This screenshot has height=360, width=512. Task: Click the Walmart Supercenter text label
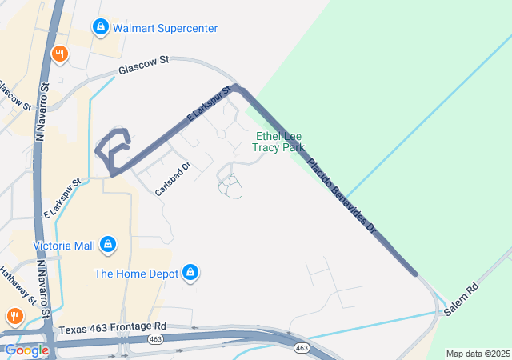[x=165, y=28]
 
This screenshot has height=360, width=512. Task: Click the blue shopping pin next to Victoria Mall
[x=109, y=244]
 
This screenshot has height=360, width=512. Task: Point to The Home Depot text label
[x=136, y=274]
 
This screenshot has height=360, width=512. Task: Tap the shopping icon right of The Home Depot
[x=190, y=274]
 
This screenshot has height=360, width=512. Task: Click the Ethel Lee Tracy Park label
[x=278, y=142]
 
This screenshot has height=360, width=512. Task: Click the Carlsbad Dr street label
[x=172, y=180]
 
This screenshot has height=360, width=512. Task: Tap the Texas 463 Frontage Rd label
[x=112, y=326]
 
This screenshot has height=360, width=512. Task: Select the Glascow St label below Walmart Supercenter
[x=145, y=66]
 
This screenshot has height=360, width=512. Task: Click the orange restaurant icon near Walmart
[x=59, y=54]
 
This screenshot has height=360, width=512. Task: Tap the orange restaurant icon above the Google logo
[x=14, y=317]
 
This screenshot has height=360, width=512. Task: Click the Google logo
[x=26, y=350]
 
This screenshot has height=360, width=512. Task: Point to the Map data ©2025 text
[x=478, y=354]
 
